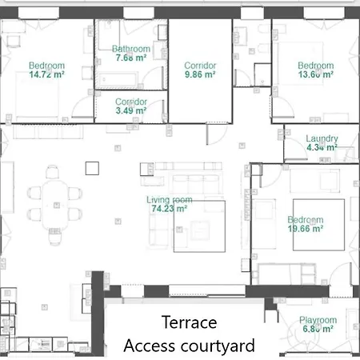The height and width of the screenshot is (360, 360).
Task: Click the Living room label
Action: [170, 199]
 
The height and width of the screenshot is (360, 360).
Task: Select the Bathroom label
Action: [131, 48]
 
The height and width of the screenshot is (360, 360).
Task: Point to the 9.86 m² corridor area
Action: [200, 74]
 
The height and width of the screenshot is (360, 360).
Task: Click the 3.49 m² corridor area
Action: [130, 110]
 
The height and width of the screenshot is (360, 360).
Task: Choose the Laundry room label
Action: [322, 138]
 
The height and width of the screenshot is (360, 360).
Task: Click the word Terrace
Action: [189, 323]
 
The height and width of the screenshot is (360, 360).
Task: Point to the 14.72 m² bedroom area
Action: [46, 74]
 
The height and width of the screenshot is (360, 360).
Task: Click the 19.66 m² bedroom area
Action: [306, 228]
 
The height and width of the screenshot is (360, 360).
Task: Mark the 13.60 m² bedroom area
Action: [315, 74]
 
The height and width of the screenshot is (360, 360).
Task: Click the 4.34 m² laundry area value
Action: [322, 148]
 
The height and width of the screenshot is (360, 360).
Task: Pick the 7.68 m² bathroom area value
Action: [130, 58]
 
